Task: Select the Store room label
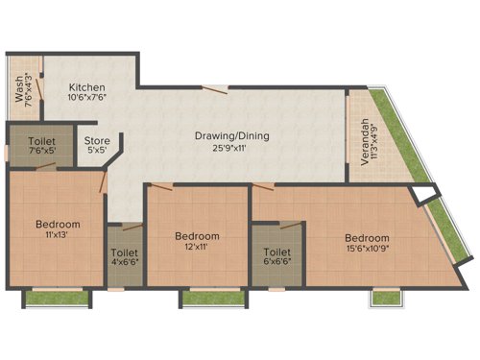(x=96, y=140)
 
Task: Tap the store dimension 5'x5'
(x=96, y=150)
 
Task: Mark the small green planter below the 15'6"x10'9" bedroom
(x=385, y=297)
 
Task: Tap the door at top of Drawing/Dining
(x=220, y=90)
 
